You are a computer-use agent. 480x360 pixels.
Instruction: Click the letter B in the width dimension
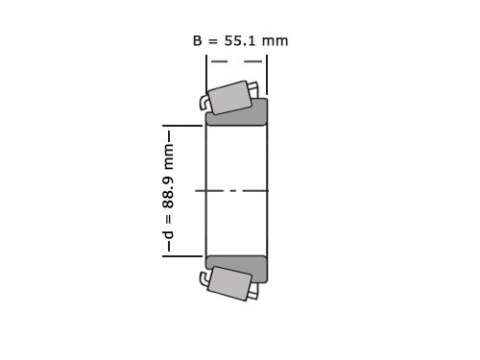(x=198, y=40)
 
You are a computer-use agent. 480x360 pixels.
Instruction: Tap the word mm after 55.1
(x=276, y=40)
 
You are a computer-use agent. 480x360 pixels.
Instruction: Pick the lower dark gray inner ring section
(x=237, y=268)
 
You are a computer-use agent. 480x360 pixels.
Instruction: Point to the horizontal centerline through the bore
(x=236, y=191)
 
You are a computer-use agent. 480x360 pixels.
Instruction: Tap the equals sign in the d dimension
(x=169, y=218)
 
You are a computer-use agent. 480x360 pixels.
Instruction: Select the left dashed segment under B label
(x=219, y=62)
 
